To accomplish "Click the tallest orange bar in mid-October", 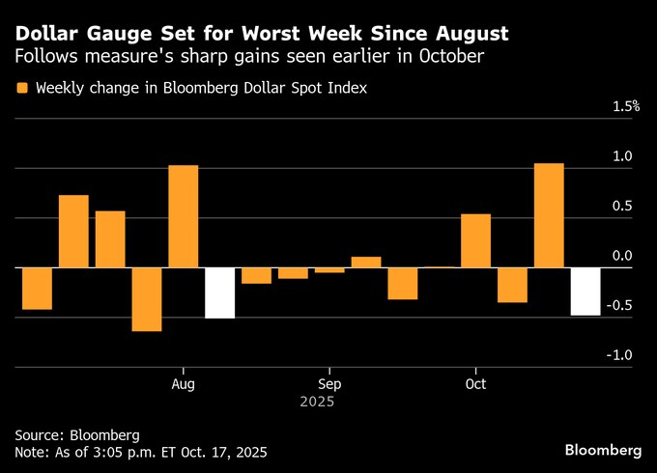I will [x=549, y=214].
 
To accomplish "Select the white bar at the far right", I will [x=586, y=292].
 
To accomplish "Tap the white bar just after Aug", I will [x=219, y=292].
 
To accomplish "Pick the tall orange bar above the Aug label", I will [x=183, y=216].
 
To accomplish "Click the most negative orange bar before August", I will [x=147, y=299].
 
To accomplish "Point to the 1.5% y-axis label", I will [x=626, y=106].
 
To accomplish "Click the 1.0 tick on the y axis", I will [x=622, y=156].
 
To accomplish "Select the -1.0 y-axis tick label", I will [x=620, y=355].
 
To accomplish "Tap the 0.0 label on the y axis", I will [x=622, y=256].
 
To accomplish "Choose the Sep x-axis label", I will [x=328, y=383].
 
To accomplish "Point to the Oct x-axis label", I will [x=475, y=383].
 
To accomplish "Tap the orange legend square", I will [x=21, y=88].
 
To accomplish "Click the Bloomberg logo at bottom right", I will [x=603, y=451].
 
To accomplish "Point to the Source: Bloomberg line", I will [x=77, y=434].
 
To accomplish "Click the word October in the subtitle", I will [x=450, y=58].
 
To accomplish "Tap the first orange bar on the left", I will [x=37, y=289].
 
